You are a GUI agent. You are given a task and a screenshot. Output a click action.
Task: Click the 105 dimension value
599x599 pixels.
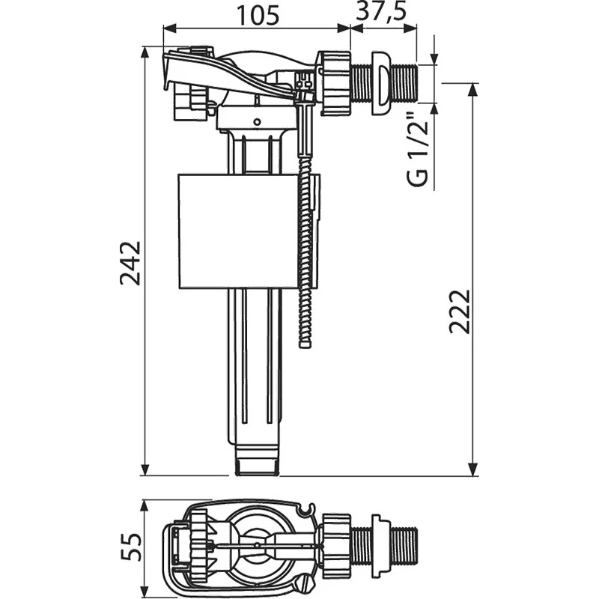coord(258,16)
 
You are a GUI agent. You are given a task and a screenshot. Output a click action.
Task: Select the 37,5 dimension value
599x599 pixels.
coord(380,11)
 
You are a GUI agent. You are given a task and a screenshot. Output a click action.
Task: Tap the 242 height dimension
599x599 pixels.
coord(130,264)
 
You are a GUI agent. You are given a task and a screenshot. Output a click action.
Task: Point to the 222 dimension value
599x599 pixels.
coord(459,312)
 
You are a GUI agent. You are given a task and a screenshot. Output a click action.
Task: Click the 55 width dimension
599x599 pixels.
coord(130,547)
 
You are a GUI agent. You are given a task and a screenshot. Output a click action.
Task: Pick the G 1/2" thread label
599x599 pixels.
coord(418,149)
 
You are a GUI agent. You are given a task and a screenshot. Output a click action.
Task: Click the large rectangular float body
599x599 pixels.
coord(238,231)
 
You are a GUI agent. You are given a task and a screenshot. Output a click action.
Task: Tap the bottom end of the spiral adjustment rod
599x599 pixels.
coord(305,344)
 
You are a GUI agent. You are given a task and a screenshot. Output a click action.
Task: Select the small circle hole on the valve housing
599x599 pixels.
coord(257,122)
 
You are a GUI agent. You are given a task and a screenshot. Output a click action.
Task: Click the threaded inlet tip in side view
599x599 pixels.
coord(406,83)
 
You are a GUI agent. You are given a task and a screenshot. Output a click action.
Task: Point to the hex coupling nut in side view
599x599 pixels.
coord(335,83)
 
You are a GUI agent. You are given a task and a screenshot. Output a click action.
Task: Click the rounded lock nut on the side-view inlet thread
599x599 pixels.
coord(380,83)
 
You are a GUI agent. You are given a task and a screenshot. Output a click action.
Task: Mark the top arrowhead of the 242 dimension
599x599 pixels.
coord(145,53)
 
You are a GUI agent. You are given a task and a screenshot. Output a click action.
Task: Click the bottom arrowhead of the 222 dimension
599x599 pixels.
coord(473,469)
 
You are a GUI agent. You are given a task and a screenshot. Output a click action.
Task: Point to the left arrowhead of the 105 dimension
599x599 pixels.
coord(169,28)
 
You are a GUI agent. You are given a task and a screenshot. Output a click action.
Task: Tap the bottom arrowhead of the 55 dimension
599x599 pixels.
coord(145,591)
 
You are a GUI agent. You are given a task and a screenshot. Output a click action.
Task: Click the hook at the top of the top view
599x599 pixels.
coord(307,509)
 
